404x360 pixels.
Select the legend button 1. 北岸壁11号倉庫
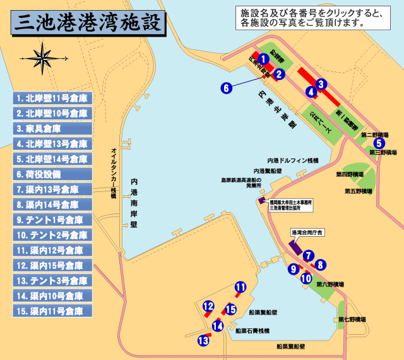53,99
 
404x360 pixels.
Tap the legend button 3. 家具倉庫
53,129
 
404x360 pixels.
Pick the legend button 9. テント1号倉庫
53,220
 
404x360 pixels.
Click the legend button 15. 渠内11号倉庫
53,311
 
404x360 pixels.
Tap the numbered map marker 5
378,142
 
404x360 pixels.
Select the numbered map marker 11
241,287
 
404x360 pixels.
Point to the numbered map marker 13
203,340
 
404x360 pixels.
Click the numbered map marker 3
321,84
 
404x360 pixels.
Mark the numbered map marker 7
308,256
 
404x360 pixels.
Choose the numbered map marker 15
230,309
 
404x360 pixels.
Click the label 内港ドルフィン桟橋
293,160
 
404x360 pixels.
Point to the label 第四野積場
350,174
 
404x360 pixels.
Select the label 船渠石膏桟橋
252,331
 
